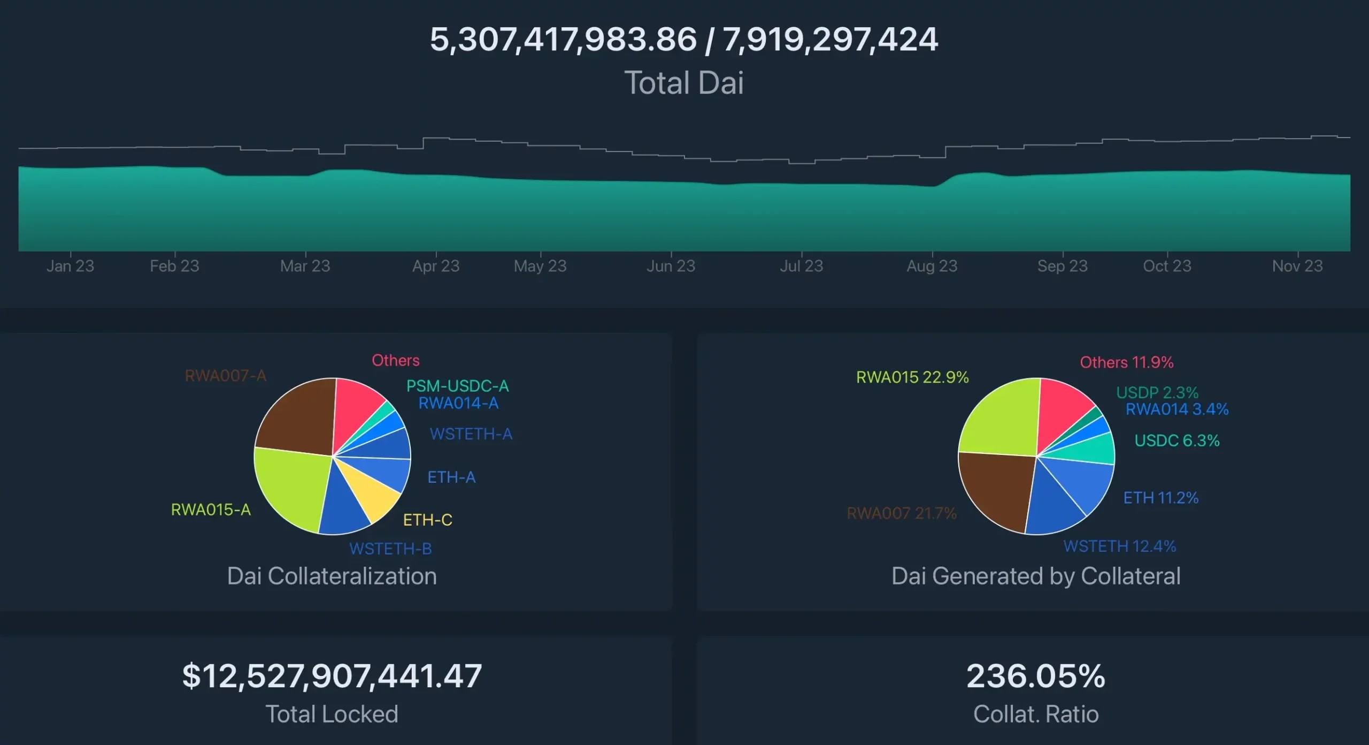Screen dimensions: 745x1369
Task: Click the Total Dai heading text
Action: point(684,83)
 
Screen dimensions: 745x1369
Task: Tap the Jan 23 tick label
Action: point(70,266)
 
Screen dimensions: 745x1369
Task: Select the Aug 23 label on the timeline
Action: point(932,266)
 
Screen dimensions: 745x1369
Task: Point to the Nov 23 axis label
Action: point(1297,266)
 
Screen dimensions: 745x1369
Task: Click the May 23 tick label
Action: point(540,266)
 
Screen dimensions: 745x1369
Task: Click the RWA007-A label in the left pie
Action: point(225,376)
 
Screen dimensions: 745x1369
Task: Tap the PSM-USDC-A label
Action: point(457,386)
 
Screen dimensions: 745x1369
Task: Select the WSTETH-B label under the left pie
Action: point(390,549)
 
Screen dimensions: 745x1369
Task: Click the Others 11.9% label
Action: point(1126,362)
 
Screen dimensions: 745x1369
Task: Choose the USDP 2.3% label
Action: point(1157,392)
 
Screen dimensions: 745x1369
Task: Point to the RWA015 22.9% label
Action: point(912,377)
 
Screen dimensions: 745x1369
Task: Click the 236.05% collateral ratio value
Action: point(1035,676)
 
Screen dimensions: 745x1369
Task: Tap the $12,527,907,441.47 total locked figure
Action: point(332,676)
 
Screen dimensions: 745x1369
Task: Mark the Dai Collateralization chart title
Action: point(332,576)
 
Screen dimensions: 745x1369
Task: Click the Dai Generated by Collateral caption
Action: point(1035,576)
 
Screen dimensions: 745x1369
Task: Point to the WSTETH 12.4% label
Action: point(1119,546)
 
